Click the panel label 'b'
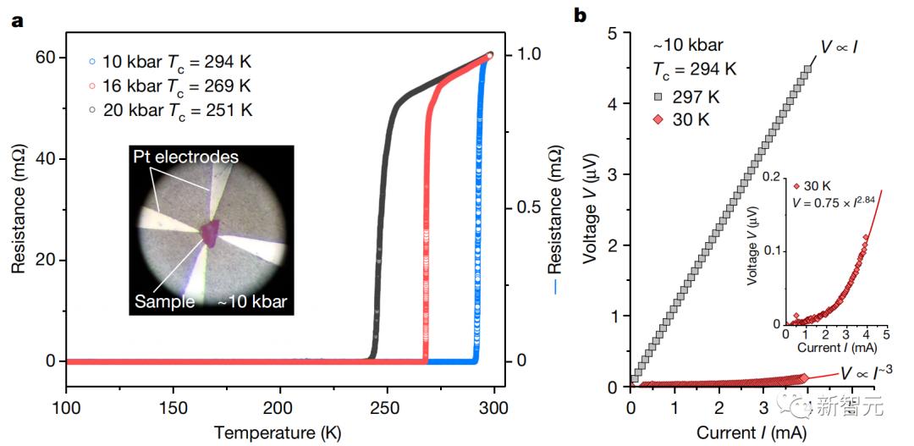coord(581,15)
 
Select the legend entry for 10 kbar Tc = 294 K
coord(169,63)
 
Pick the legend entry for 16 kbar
coord(169,86)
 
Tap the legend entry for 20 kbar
coord(169,110)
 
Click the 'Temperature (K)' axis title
coord(278,433)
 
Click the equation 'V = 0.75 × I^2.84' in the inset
coord(833,202)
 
